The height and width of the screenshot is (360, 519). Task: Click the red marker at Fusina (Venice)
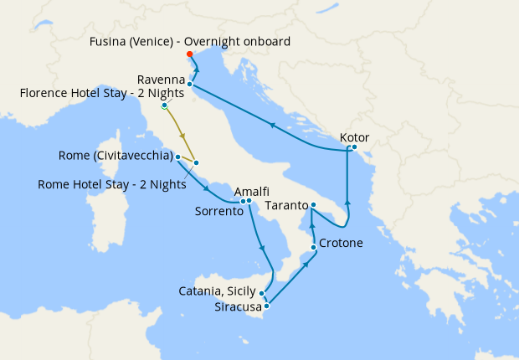click(190, 54)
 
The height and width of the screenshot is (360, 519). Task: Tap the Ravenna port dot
click(191, 84)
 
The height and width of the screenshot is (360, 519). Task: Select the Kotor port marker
click(354, 148)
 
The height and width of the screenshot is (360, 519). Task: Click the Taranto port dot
click(313, 205)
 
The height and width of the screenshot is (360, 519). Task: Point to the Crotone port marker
click(314, 247)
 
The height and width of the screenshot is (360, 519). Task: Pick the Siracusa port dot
click(266, 306)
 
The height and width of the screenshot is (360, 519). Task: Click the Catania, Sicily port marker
click(263, 293)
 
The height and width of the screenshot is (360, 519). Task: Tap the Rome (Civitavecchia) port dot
click(178, 157)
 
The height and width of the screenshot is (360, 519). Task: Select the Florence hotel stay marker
click(165, 106)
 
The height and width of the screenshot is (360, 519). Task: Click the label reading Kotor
click(355, 137)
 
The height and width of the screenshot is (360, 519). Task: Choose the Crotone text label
click(342, 244)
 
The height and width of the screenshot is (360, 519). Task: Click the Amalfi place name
click(251, 192)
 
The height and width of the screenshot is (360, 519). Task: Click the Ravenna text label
click(172, 79)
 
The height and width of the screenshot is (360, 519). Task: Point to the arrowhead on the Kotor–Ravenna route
click(271, 124)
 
